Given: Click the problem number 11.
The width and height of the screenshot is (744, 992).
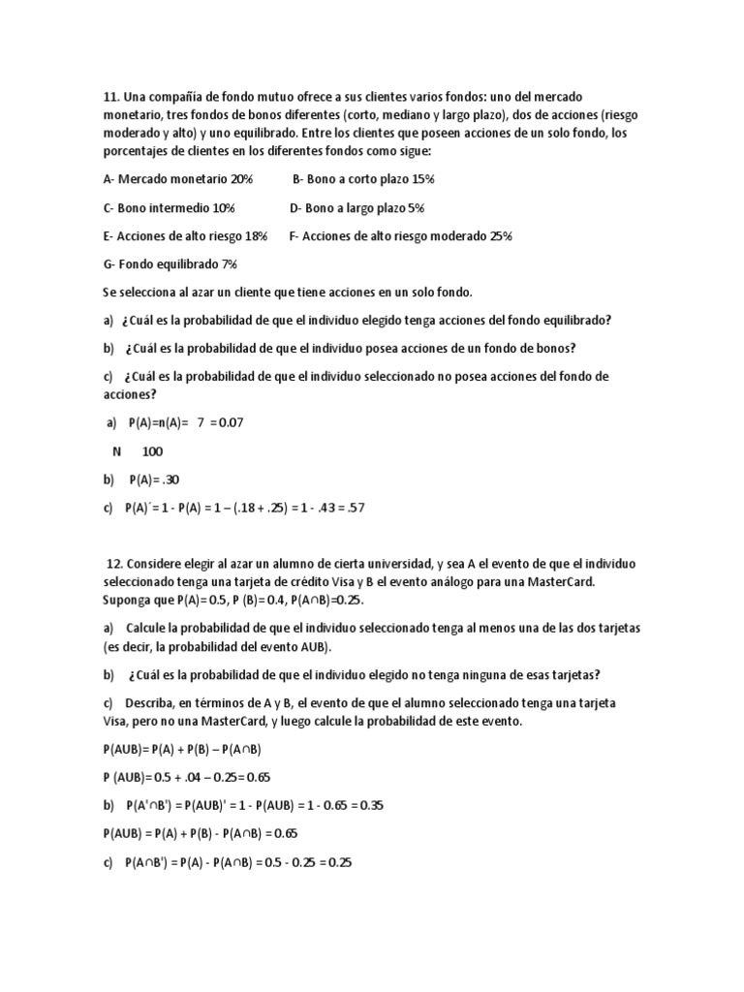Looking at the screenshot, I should click(109, 97).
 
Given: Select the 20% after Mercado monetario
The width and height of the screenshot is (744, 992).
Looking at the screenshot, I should click(241, 179).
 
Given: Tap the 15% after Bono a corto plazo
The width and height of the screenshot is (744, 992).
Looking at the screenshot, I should click(422, 179).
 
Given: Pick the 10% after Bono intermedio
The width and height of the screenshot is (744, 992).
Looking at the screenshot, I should click(224, 207).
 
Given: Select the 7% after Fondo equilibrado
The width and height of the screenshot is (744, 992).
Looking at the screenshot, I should click(229, 263).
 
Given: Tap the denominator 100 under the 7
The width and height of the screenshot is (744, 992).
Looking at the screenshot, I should click(152, 450).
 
